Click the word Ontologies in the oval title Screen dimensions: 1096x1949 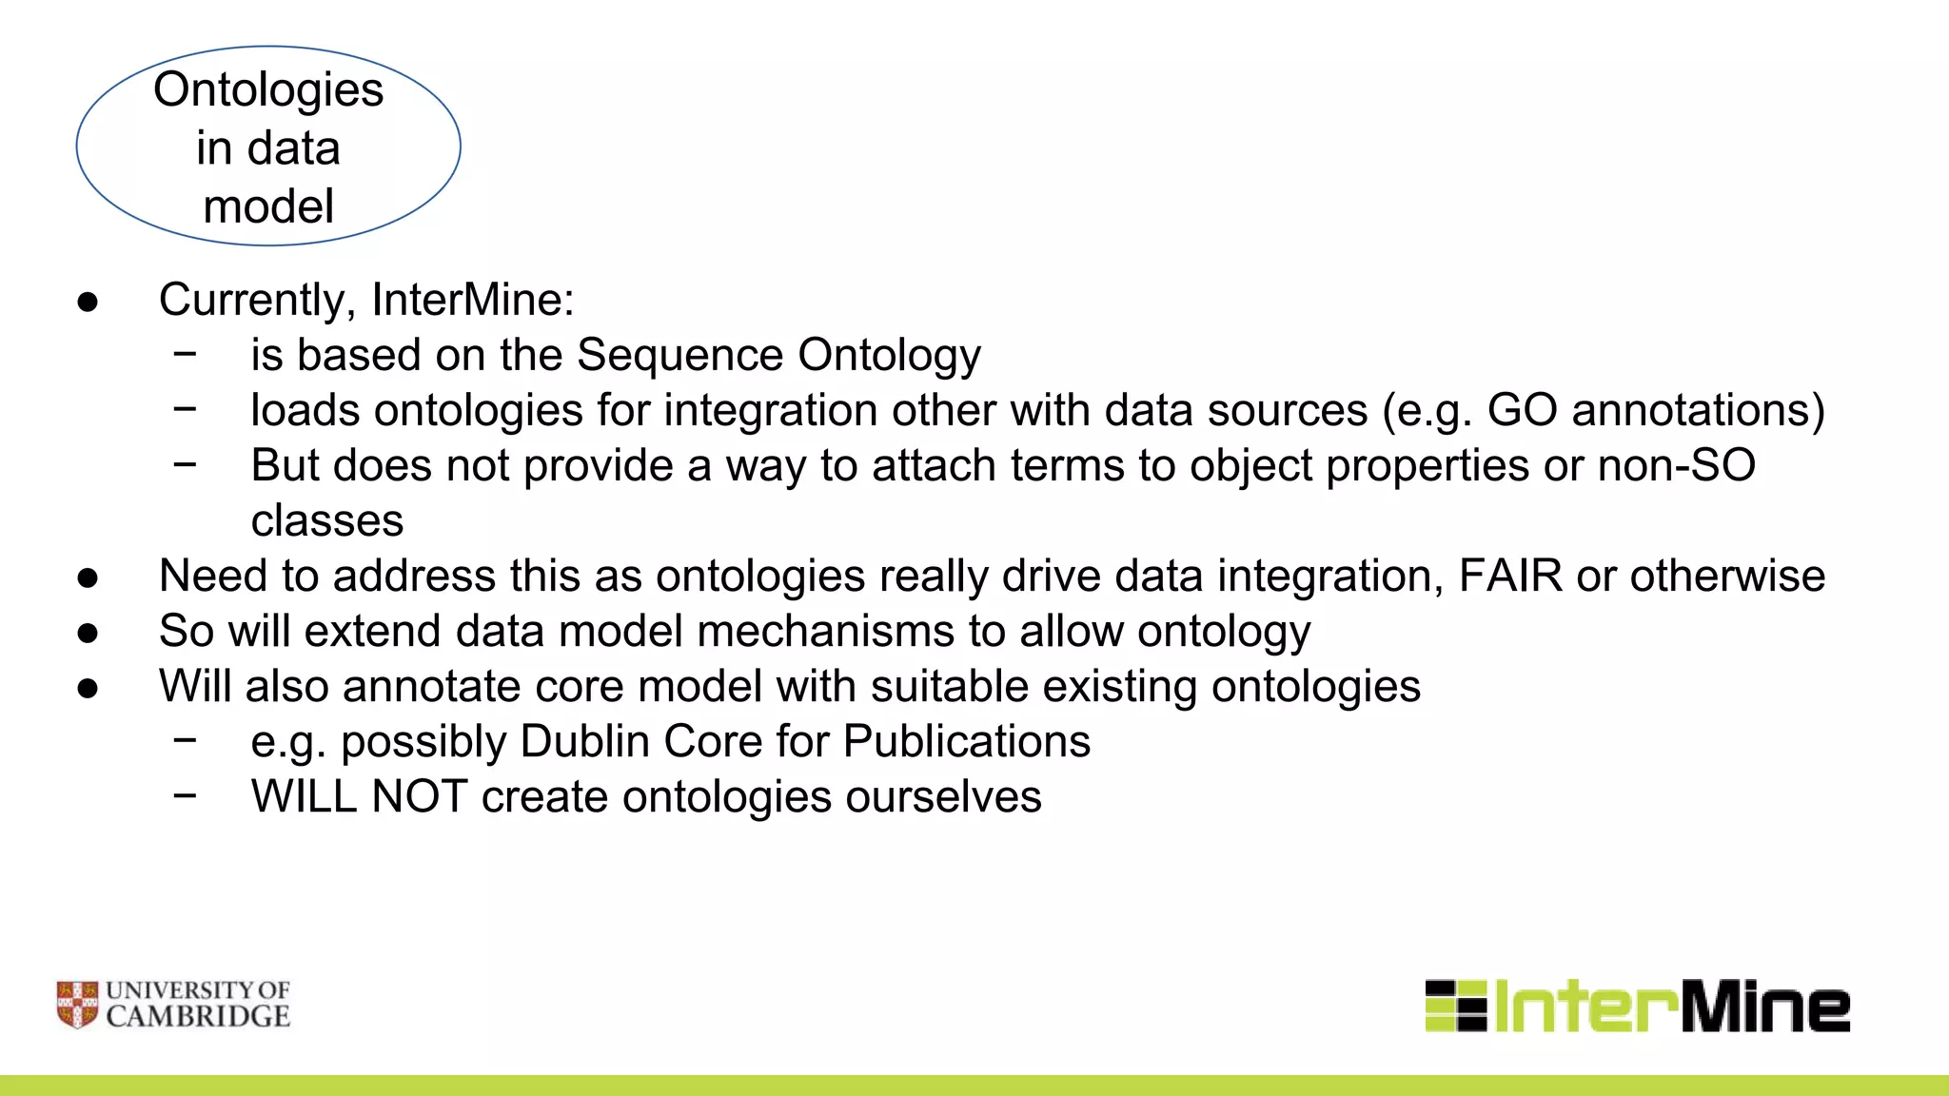(x=268, y=91)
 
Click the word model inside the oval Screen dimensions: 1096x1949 (x=268, y=207)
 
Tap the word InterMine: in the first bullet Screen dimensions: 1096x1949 (x=473, y=300)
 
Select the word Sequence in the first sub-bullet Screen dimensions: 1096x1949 (x=680, y=355)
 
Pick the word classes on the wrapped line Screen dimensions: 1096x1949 (x=326, y=520)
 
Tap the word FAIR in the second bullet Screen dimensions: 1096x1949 (x=1509, y=576)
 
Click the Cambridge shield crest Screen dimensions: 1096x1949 (x=77, y=1005)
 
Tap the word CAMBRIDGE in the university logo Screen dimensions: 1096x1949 (x=198, y=1017)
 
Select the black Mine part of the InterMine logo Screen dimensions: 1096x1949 (x=1765, y=1007)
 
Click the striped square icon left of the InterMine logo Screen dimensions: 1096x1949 (x=1455, y=1006)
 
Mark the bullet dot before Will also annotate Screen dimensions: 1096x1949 (x=88, y=688)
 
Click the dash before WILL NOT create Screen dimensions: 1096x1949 (x=186, y=794)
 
